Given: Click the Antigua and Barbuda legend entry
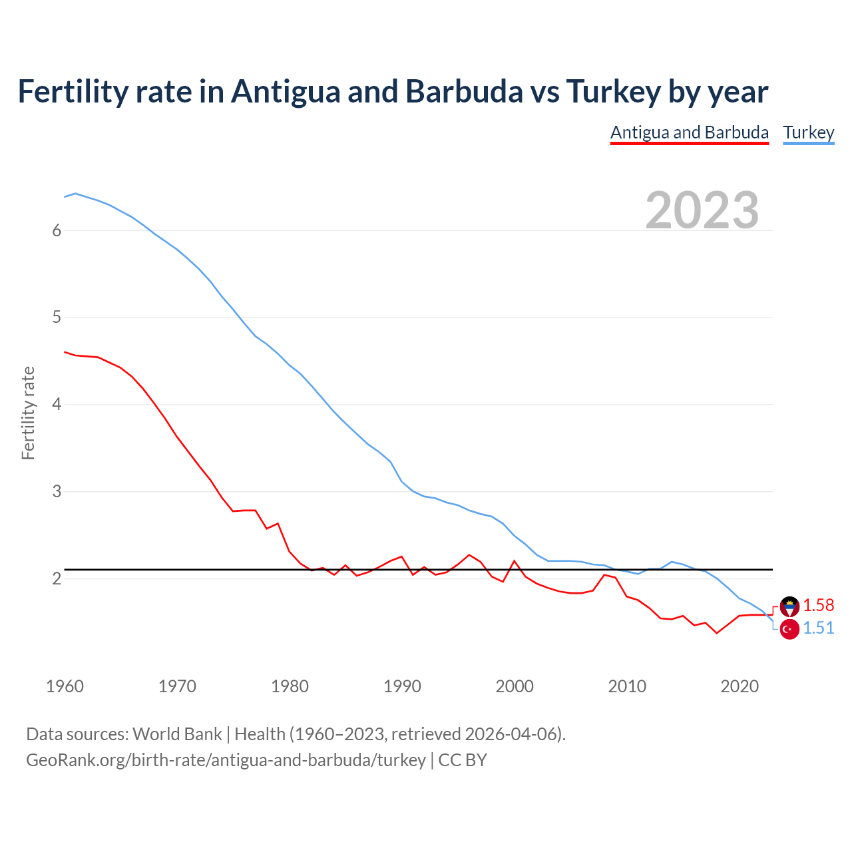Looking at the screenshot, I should click(690, 132).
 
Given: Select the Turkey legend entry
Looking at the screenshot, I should click(809, 132).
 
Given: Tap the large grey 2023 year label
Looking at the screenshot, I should click(702, 210).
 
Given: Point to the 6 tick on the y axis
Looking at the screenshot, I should click(57, 230).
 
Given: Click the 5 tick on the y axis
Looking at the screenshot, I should click(57, 318).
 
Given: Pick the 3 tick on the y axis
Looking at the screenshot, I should click(57, 492).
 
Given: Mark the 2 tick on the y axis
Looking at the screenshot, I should click(57, 578).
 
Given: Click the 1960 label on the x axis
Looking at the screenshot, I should click(65, 686).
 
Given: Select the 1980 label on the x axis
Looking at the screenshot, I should click(290, 686).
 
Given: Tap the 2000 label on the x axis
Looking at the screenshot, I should click(515, 686).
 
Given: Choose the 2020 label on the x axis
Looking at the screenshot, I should click(740, 686).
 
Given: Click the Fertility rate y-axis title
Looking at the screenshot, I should click(28, 413).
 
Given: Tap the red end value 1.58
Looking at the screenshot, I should click(818, 605).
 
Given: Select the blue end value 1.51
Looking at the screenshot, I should click(818, 628).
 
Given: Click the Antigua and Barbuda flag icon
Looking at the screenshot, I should click(789, 606).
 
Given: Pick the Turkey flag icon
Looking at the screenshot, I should click(789, 629).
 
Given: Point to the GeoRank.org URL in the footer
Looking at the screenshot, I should click(226, 760).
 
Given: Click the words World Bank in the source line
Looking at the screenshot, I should click(177, 734).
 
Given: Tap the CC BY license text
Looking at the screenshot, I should click(463, 760).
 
